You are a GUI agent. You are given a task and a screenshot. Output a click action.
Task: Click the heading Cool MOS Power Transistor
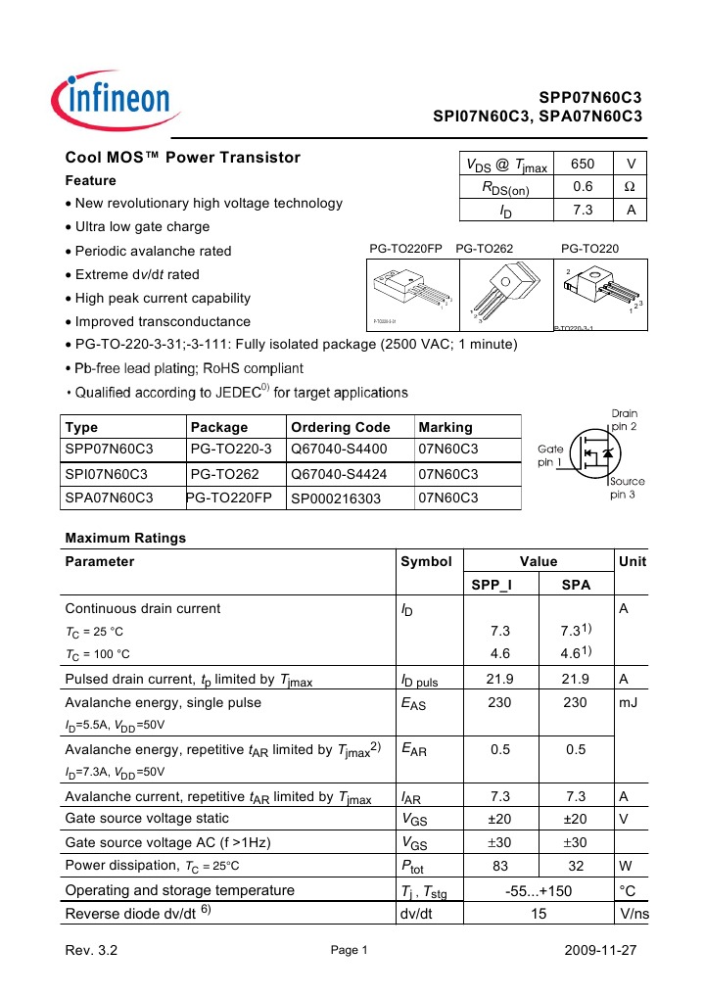tap(182, 158)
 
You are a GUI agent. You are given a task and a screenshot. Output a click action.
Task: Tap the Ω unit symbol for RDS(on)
tap(631, 187)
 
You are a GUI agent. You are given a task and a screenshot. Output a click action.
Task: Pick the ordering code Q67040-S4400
tap(339, 450)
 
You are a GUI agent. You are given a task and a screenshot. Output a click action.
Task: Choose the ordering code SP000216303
tap(340, 498)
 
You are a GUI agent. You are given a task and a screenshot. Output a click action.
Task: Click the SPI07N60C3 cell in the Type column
tap(106, 474)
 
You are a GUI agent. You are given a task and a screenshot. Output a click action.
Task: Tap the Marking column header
tap(446, 427)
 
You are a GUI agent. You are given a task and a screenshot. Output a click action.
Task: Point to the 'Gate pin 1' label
tap(550, 455)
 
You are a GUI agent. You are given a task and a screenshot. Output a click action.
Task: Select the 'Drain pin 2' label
tap(625, 420)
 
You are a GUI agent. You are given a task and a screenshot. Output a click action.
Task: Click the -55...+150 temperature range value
tap(538, 890)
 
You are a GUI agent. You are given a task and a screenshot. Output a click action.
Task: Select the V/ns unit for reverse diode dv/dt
tap(634, 915)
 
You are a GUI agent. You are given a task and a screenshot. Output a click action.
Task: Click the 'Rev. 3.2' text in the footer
tap(91, 952)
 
